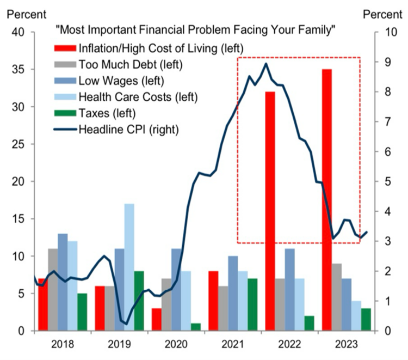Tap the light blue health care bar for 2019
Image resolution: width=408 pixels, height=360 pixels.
coord(129,267)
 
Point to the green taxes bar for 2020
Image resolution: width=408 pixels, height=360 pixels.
coord(196,327)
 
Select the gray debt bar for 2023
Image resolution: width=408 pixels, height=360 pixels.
coord(337,297)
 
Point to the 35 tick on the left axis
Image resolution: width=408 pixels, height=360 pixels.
coord(19,70)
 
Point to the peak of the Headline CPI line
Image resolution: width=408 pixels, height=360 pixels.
coord(265,64)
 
